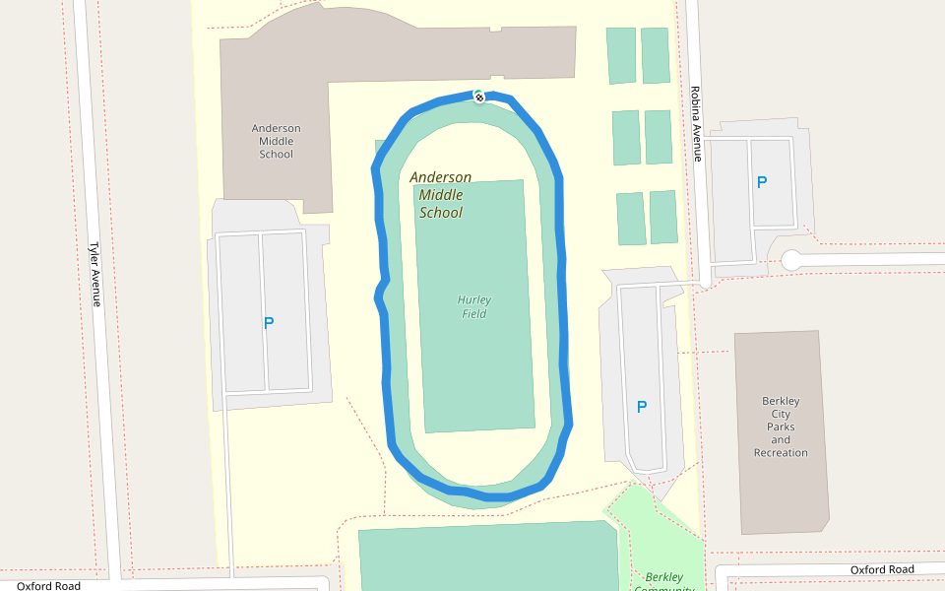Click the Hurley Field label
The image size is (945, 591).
[474, 306]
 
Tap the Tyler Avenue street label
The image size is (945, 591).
[95, 275]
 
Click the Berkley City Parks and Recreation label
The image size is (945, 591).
[781, 427]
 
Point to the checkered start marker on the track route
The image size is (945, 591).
[478, 97]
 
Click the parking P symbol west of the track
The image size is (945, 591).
[269, 322]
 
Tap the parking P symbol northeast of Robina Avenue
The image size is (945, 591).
[761, 182]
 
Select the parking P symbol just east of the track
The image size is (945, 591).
[642, 407]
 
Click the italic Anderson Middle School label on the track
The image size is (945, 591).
[440, 195]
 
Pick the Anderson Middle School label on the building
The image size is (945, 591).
[277, 141]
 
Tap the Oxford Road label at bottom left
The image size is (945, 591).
[48, 585]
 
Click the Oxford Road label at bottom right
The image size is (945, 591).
[882, 569]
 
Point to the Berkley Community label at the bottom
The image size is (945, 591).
[664, 581]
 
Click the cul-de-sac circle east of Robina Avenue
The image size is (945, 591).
[791, 260]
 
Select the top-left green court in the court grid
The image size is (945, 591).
[621, 55]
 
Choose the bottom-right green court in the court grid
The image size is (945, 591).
[663, 217]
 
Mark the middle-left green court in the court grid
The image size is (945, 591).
[626, 137]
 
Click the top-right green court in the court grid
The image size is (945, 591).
[656, 55]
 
